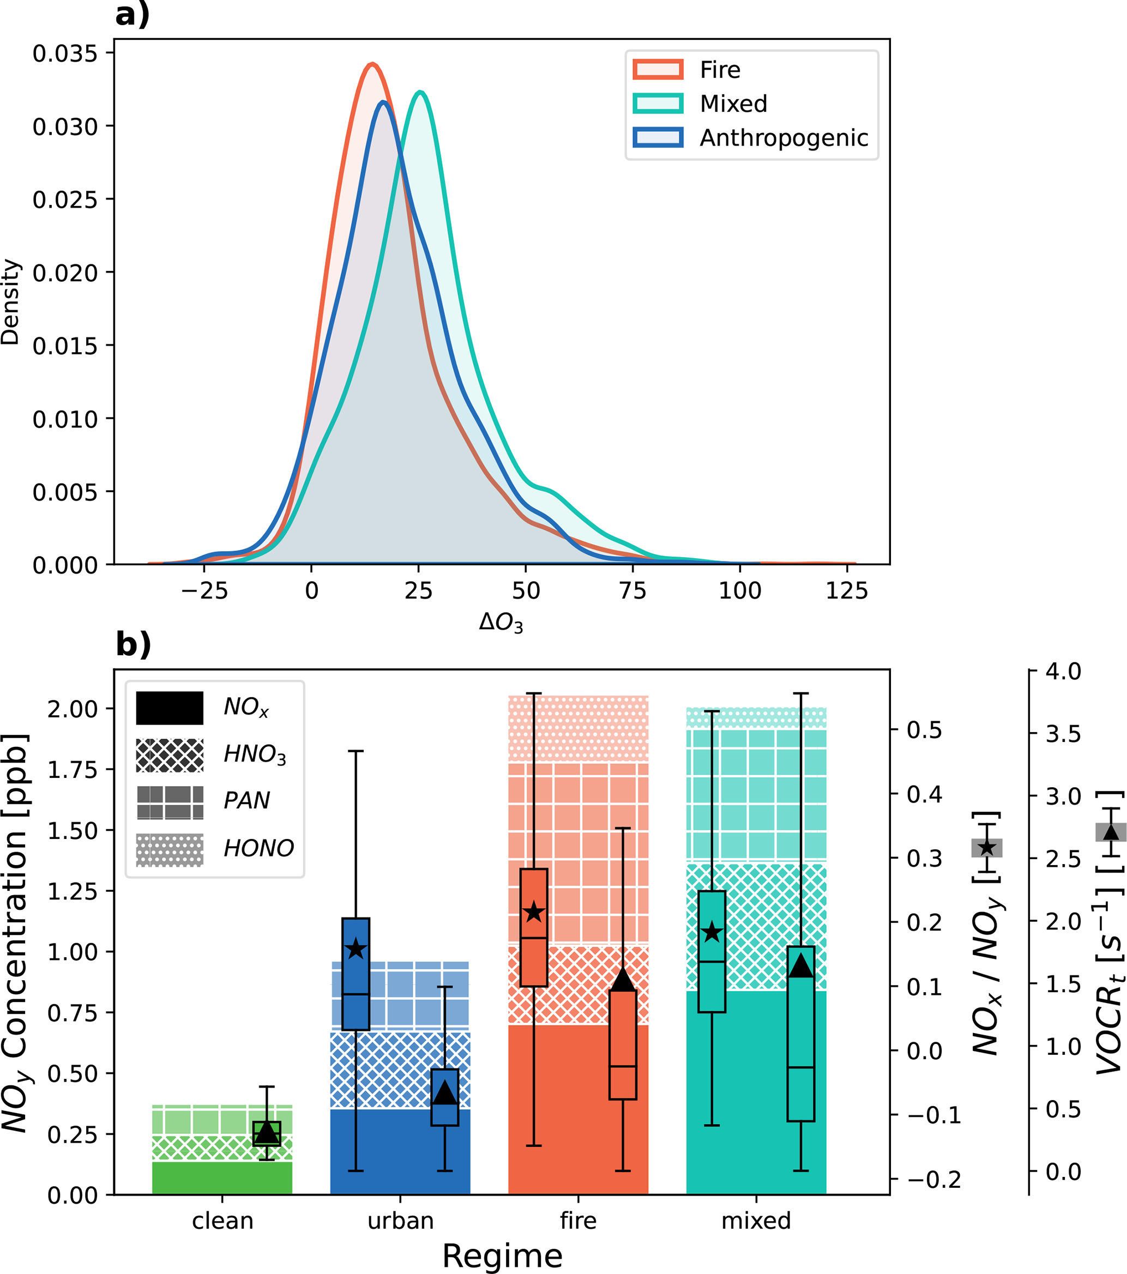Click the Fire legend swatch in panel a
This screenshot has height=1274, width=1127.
658,69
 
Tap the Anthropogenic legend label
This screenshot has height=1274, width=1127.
784,138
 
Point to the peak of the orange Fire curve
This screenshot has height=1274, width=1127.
372,64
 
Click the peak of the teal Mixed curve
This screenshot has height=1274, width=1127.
421,92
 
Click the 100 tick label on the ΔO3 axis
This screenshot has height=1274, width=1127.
739,590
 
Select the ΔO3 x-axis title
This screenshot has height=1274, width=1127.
501,622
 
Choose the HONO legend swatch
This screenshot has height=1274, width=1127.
170,849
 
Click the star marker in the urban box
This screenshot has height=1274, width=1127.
356,949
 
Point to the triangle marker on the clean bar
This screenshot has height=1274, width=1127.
267,1130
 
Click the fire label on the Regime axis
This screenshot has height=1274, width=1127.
578,1221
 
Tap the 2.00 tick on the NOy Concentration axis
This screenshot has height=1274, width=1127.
73,709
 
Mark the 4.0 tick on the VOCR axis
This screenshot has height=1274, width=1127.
1063,671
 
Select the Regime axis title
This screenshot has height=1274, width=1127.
502,1255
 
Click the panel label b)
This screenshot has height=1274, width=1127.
134,644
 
